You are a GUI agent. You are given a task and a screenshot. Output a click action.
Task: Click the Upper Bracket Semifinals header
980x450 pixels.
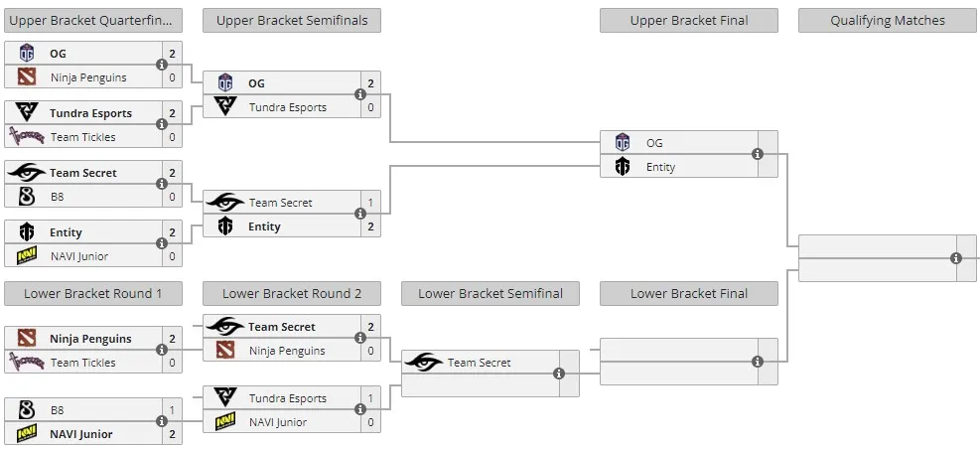[292, 21]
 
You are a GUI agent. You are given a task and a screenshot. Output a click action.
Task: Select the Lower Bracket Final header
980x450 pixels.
[689, 294]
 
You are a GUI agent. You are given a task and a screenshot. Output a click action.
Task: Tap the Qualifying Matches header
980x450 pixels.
[888, 21]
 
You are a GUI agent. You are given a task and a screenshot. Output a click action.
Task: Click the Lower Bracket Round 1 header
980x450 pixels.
[93, 294]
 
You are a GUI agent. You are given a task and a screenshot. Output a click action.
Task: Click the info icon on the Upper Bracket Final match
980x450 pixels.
[758, 154]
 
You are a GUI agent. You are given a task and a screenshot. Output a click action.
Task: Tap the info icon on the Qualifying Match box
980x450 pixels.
[955, 258]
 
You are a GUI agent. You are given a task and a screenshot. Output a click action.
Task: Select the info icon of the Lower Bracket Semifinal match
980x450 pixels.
[559, 374]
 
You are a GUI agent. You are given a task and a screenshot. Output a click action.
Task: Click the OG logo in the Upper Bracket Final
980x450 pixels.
[622, 142]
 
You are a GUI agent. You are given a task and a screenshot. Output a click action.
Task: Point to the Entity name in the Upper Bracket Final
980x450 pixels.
[660, 167]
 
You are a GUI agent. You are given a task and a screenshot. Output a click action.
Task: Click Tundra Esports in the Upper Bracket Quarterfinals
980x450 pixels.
[90, 113]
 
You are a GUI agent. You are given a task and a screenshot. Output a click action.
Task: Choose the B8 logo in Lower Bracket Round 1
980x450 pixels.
[26, 410]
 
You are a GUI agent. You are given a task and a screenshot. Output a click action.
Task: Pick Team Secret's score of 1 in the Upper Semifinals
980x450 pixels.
[370, 203]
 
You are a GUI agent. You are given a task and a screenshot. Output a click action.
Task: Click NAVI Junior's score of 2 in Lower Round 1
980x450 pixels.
[172, 434]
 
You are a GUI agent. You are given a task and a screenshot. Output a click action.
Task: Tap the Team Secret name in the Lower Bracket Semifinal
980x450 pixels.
[480, 363]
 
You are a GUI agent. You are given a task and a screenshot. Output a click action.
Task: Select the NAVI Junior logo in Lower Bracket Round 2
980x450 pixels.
[225, 422]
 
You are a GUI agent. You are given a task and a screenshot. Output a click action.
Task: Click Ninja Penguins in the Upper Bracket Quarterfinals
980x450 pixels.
[88, 77]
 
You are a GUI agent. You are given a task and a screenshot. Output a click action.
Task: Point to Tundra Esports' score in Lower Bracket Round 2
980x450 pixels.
[370, 398]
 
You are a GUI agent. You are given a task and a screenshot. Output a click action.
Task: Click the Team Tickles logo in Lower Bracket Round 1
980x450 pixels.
[26, 362]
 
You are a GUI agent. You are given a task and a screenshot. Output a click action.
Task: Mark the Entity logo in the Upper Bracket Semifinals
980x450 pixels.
[225, 226]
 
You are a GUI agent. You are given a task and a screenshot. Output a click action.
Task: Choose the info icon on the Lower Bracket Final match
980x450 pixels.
[758, 362]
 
